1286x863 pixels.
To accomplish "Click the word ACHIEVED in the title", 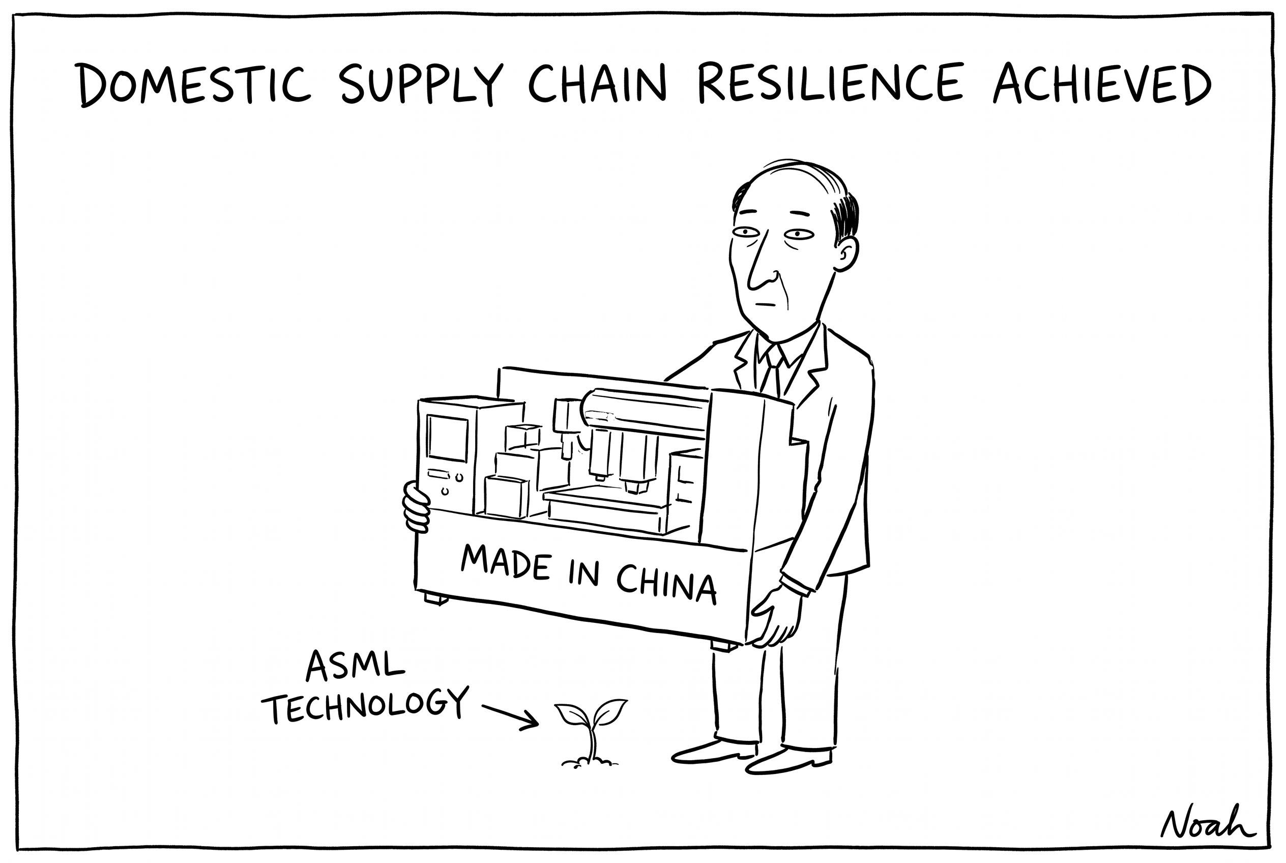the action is pyautogui.click(x=1101, y=83).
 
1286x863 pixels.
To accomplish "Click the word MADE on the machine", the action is pyautogui.click(x=506, y=561).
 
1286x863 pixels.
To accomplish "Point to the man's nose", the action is pyautogui.click(x=762, y=264).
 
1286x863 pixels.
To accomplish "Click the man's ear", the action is pyautogui.click(x=846, y=254).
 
